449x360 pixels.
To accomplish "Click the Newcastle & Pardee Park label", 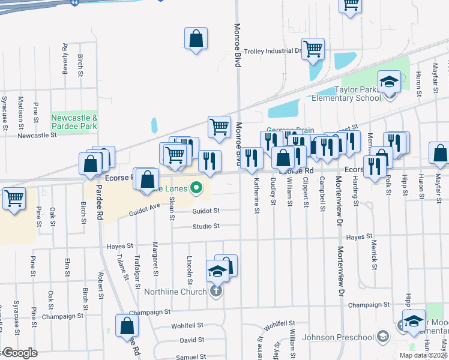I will pos(74,122).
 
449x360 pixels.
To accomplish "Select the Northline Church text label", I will pos(175,292).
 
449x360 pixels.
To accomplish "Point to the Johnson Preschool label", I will pos(337,337).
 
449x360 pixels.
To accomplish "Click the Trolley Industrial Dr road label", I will pos(272,51).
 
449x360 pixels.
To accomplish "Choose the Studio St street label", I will pos(206,226).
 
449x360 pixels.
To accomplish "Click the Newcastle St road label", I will pos(37,136).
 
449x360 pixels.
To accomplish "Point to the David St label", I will pos(192,340).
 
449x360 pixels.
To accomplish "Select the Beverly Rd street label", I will pos(64,58).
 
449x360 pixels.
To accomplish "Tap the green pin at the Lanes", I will pos(196,188).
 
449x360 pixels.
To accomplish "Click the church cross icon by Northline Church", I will pos(216,292).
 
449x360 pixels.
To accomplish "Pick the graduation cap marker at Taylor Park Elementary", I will pos(389,82).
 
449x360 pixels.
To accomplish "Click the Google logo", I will pos(20,353).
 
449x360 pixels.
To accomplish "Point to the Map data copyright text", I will pos(424,355).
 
